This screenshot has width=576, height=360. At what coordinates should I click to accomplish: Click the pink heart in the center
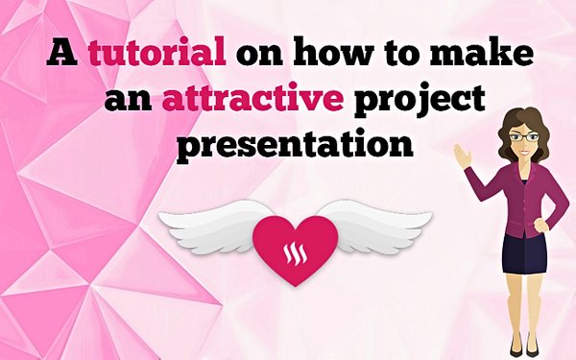295,248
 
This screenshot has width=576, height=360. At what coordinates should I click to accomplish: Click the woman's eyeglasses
524,138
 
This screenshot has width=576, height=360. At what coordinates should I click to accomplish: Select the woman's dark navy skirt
524,252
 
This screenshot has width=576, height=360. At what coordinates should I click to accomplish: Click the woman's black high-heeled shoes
524,346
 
